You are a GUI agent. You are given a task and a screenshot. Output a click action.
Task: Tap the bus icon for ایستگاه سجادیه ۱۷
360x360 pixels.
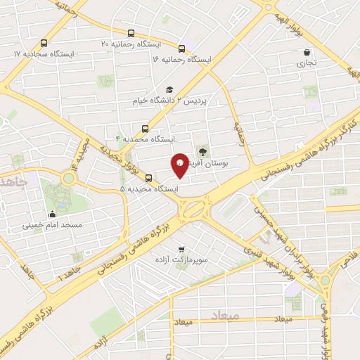click(44, 42)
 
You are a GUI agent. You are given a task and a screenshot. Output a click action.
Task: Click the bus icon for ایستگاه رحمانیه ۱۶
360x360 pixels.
click(181, 49)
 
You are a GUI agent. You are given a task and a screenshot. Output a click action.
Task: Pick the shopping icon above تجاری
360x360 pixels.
click(307, 52)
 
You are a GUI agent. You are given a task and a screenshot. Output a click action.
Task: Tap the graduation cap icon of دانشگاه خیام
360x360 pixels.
click(169, 89)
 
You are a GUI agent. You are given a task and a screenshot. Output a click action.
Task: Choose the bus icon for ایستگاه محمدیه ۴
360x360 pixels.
click(146, 128)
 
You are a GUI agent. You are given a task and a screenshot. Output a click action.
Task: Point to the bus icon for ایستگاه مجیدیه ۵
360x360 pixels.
click(148, 177)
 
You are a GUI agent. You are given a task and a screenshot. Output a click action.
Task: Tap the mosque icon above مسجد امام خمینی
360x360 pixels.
click(53, 214)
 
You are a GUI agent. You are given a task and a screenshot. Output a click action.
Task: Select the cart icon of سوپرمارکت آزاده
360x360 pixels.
click(182, 250)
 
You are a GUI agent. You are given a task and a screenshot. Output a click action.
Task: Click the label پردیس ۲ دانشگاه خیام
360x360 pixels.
click(172, 101)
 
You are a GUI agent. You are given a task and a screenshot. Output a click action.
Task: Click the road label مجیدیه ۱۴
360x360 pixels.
click(76, 159)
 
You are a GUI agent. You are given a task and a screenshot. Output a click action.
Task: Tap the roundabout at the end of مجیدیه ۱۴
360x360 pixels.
click(68, 179)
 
